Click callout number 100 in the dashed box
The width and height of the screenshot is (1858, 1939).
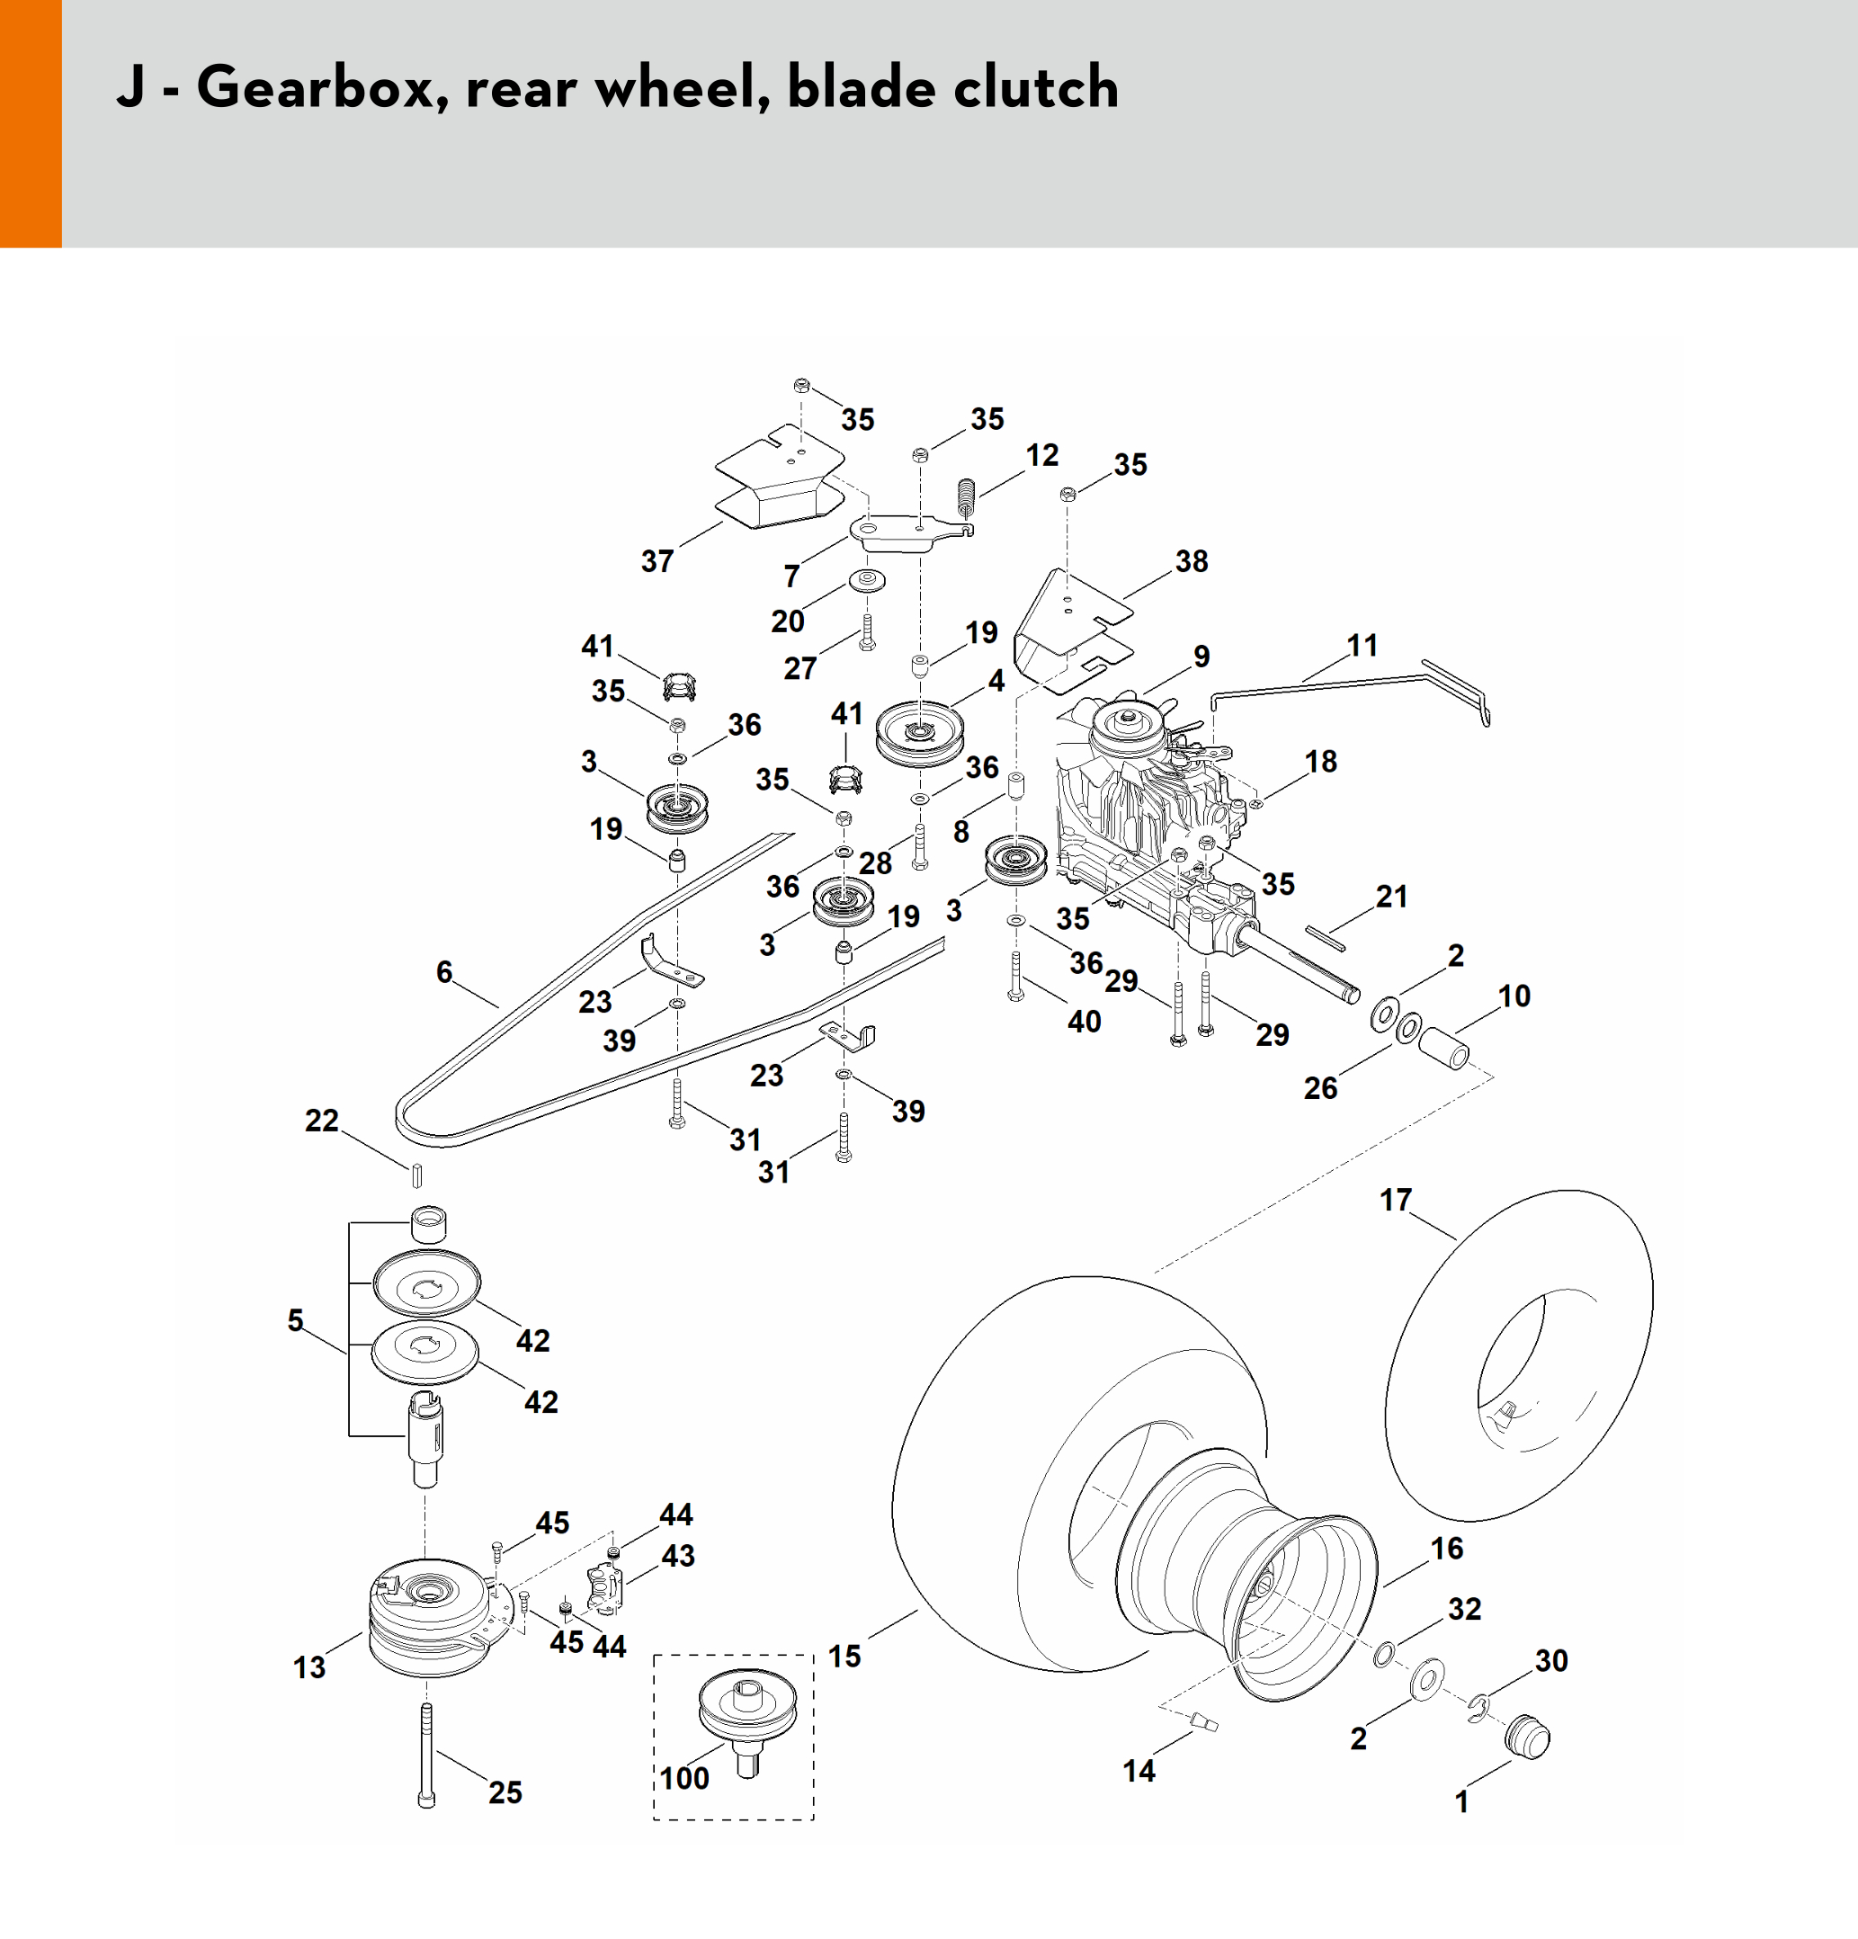684,1778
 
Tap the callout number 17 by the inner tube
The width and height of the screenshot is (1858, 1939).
1395,1200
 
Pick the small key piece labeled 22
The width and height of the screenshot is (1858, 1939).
416,1175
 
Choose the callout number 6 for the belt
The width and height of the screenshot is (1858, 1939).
444,971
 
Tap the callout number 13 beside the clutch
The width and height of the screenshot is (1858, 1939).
308,1667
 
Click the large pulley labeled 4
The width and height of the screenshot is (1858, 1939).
920,733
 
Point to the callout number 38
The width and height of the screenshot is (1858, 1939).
1192,561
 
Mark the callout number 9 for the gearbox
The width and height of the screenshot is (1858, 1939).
1201,656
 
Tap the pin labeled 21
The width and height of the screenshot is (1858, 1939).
1326,936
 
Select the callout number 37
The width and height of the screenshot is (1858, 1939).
657,561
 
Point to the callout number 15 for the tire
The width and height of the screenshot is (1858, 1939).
844,1656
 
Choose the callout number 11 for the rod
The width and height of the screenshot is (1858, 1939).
1362,645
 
